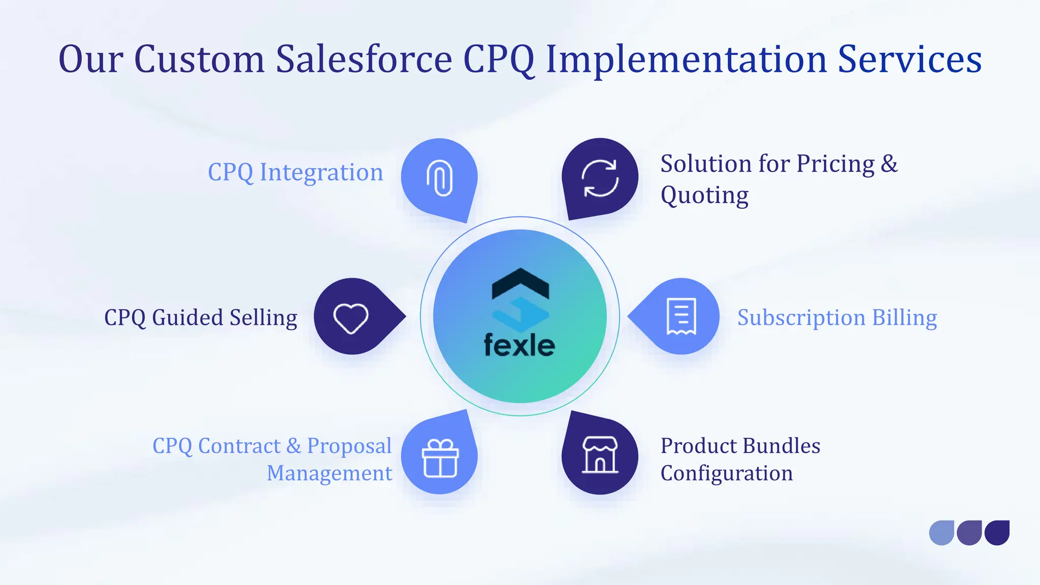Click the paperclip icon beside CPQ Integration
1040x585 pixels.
(439, 178)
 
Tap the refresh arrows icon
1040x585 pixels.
(600, 178)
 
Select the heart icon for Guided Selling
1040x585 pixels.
(350, 318)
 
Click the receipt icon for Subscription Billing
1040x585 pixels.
(681, 317)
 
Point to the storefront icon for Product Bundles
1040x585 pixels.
(600, 455)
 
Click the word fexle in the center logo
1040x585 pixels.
(519, 346)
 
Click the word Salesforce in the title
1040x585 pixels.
(364, 59)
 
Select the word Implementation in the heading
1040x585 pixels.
(686, 59)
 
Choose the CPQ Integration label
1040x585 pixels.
(295, 173)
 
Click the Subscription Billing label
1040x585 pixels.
(837, 318)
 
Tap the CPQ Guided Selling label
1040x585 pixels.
(201, 318)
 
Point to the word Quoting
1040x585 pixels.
(704, 196)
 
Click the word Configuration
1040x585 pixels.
(726, 473)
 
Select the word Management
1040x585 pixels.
(330, 473)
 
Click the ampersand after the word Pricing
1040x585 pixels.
(889, 164)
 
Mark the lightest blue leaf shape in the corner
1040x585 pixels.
(941, 533)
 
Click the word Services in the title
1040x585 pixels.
(909, 59)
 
